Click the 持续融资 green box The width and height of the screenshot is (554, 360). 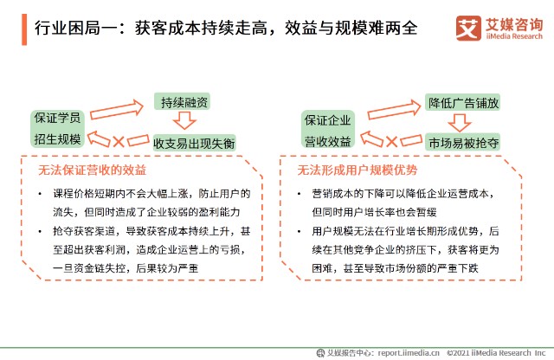[183, 102]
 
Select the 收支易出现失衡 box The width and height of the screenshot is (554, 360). [194, 143]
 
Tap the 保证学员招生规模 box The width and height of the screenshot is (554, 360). [58, 128]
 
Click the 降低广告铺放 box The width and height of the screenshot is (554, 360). [462, 102]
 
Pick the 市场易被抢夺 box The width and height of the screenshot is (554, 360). [462, 143]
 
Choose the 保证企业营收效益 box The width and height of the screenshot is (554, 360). [327, 129]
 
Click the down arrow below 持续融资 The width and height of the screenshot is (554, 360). [184, 120]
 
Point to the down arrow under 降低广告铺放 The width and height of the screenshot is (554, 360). [460, 123]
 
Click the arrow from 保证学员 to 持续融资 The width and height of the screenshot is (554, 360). [117, 109]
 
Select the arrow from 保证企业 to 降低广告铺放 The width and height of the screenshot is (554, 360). [394, 110]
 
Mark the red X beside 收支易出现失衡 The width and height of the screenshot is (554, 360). [119, 142]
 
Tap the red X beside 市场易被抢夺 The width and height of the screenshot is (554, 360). [391, 142]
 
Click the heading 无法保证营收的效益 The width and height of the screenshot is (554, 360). [92, 170]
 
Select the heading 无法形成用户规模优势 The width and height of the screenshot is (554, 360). [358, 170]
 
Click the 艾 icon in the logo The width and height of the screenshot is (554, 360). [468, 28]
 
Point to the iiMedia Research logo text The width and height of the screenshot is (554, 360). [514, 36]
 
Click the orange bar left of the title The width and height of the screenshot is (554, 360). [24, 29]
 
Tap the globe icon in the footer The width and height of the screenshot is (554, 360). [320, 353]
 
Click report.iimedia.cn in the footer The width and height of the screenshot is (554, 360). [409, 353]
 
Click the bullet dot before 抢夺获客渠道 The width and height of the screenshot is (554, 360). [40, 231]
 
